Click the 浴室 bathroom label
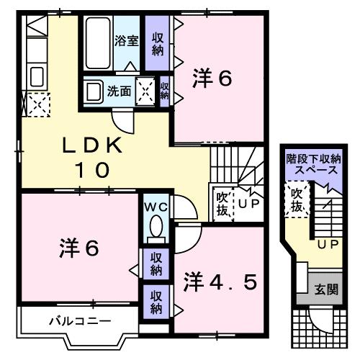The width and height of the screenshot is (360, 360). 127,41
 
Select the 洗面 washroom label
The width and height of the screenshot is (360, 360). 119,91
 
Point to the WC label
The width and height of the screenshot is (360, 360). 156,207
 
